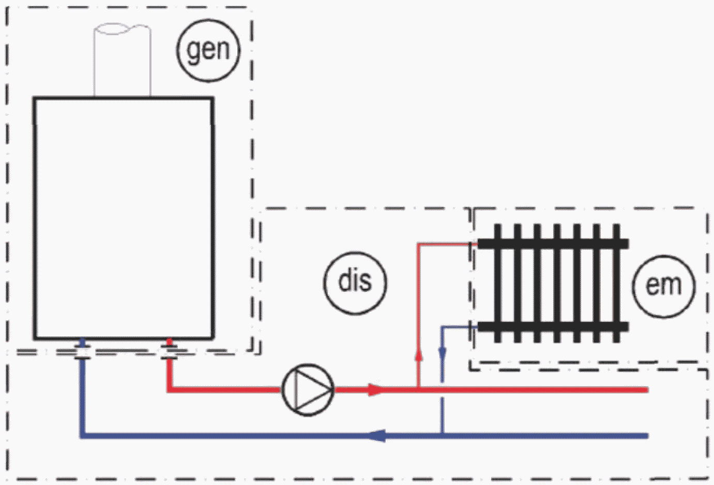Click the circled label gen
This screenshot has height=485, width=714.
pos(208,50)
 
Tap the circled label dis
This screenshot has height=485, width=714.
pos(355,283)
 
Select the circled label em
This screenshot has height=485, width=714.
pos(664,286)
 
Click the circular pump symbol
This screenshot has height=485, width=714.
pos(308,390)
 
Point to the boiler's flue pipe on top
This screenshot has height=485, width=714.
pos(122,60)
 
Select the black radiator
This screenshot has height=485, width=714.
pos(553,283)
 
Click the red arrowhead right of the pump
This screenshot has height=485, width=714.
pos(375,390)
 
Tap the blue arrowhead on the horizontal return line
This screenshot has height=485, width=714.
pos(377,435)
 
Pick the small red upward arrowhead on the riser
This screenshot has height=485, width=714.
pos(419,356)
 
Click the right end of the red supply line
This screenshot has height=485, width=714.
pos(648,390)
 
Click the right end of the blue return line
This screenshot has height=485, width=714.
pos(648,435)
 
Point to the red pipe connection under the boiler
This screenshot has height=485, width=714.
pos(169,349)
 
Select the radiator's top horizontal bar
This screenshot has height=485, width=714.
pos(553,244)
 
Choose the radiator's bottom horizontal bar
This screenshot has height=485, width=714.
pos(553,327)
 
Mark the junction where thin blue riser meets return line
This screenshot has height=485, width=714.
pos(442,435)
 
